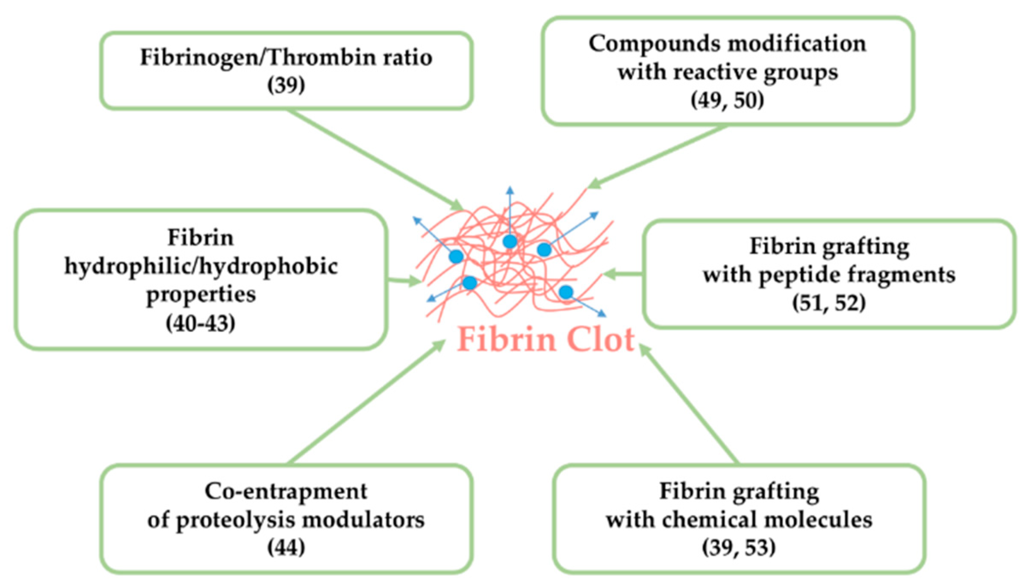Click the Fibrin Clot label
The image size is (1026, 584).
(546, 339)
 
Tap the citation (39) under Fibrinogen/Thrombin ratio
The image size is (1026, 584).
(286, 85)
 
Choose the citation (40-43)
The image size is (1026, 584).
(200, 323)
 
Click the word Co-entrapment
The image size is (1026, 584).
(286, 491)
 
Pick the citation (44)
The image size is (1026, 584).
(286, 547)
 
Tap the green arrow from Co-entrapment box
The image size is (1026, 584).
(368, 402)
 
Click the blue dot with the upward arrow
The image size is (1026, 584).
(510, 242)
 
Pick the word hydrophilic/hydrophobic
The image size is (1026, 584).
(201, 267)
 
